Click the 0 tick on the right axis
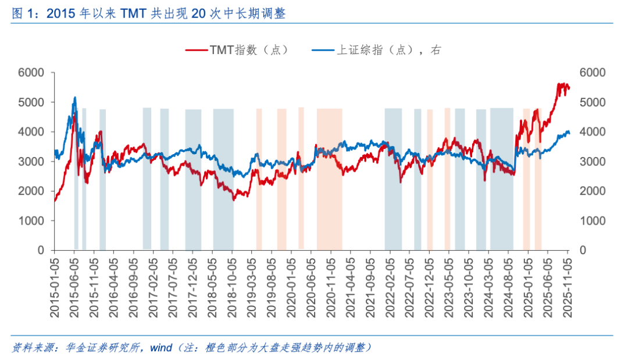coord(584,251)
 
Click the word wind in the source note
coord(161,348)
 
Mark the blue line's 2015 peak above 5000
coord(74,98)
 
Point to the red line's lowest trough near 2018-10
coord(234,199)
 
